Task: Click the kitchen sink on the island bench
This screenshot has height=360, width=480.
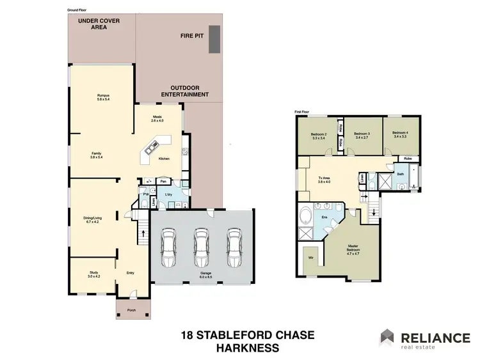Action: click(x=150, y=151)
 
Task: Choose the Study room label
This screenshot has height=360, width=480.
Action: click(x=94, y=274)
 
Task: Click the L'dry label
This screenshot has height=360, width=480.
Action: click(x=168, y=194)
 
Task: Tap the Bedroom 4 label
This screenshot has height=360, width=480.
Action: click(x=401, y=134)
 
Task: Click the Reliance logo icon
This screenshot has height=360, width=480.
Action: click(x=388, y=337)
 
